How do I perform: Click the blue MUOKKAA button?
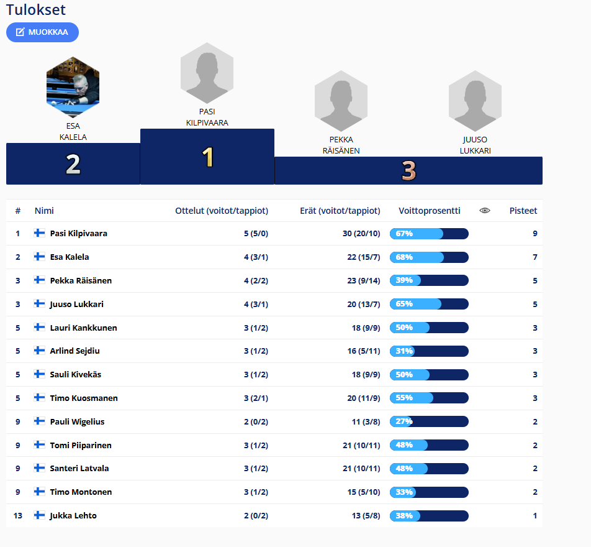pos(42,32)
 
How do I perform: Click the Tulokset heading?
pos(36,10)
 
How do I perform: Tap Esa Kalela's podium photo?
pos(73,86)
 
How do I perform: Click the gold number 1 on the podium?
pos(207,157)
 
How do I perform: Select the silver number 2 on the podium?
pos(73,164)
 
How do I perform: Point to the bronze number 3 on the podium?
pos(408,170)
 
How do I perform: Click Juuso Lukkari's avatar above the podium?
pos(475,97)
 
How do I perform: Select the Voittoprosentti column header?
pos(430,211)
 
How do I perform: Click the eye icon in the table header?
pos(485,211)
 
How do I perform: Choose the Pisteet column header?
pos(523,211)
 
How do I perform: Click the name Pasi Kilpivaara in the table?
pos(79,234)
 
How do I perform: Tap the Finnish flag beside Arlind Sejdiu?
pos(39,351)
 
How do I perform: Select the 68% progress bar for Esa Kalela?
pos(429,257)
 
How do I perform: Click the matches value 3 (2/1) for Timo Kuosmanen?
pos(255,398)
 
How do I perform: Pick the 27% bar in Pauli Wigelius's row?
pos(429,421)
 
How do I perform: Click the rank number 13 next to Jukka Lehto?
pos(18,515)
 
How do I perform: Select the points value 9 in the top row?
pos(535,234)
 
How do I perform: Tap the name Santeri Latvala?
pos(79,468)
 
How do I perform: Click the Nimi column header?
pos(44,211)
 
